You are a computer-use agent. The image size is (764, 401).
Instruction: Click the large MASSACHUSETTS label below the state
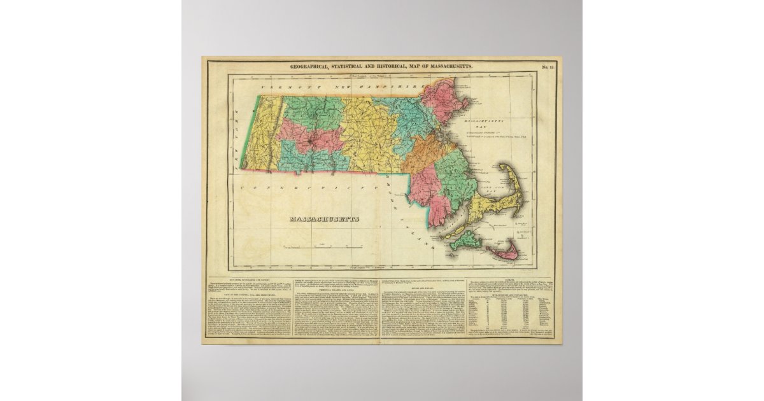click(325, 219)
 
